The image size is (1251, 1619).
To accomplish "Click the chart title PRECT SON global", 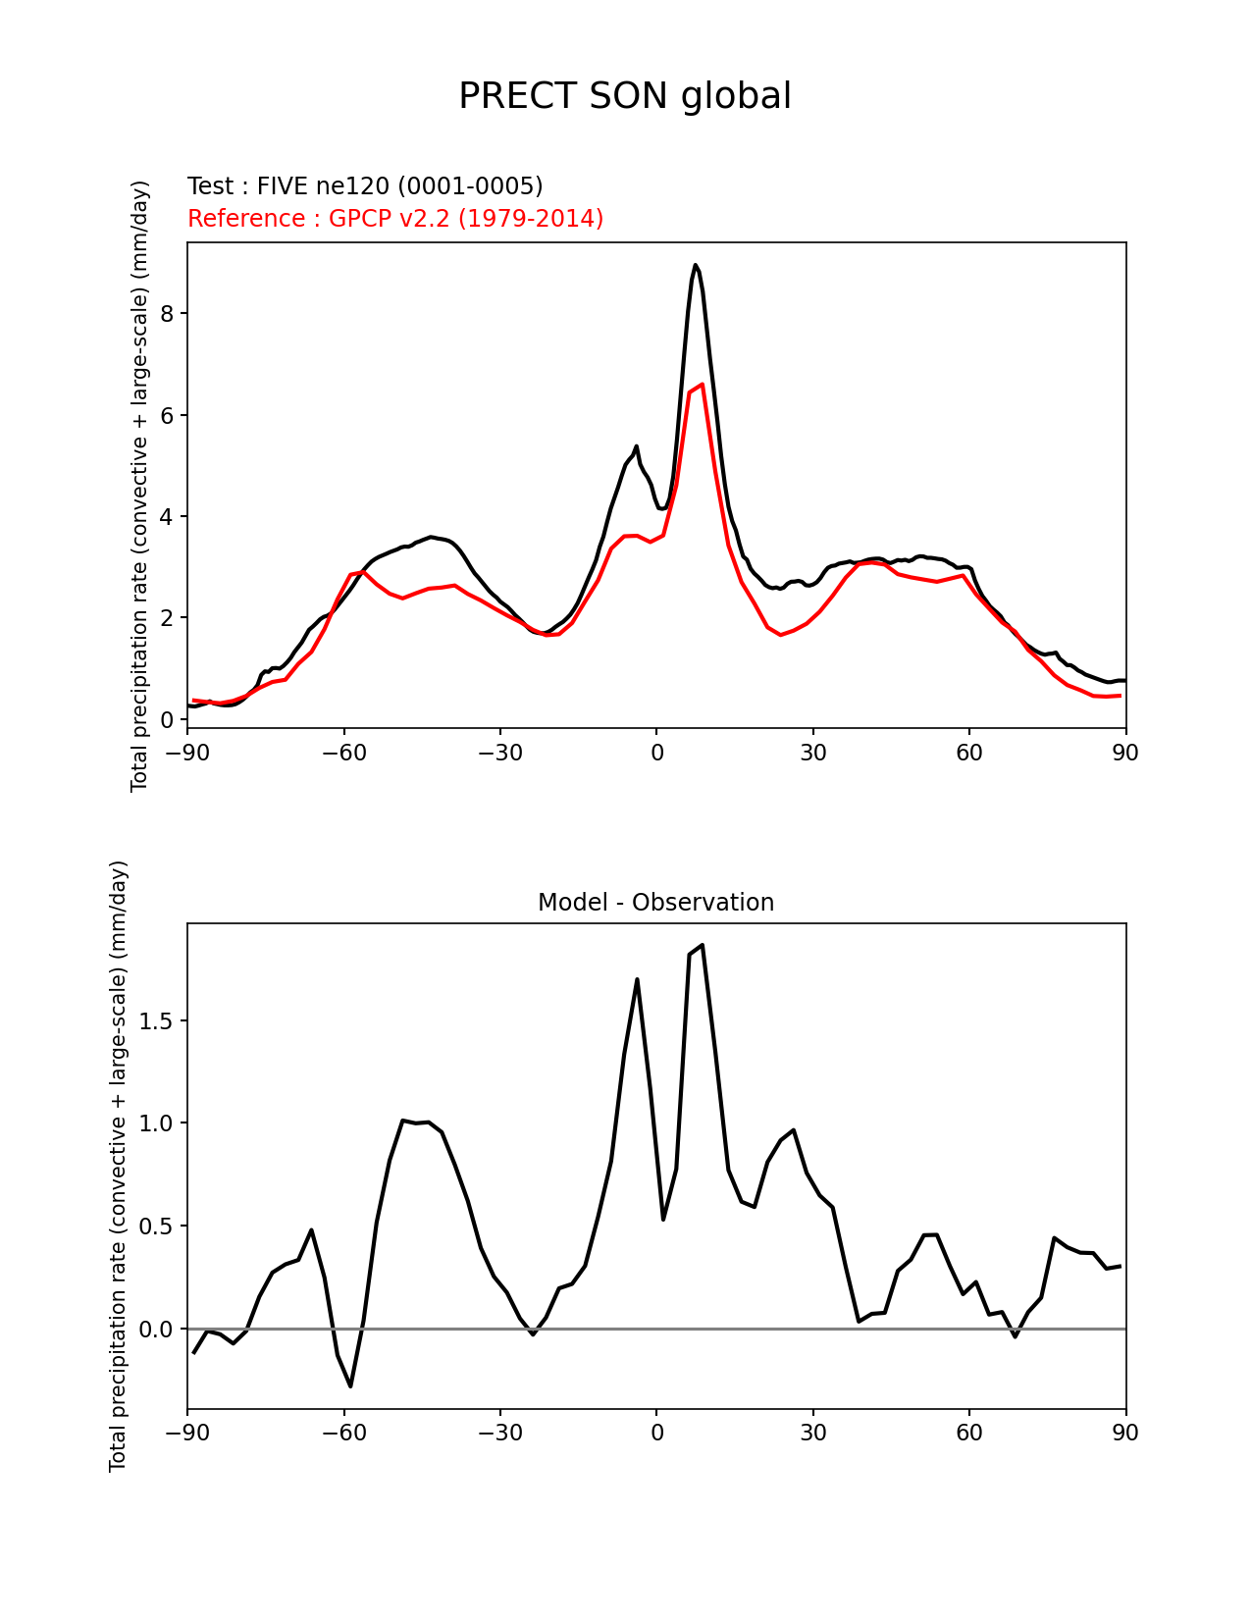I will [x=625, y=96].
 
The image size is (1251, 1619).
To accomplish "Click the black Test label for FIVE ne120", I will [x=365, y=186].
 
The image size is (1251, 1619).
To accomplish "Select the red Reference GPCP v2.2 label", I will [x=395, y=219].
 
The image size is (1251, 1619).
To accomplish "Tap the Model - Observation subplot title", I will [x=655, y=903].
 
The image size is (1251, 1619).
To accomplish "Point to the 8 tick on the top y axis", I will [x=168, y=314].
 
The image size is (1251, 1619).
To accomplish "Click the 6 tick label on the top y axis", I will [x=168, y=415].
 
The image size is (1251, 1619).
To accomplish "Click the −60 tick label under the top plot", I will [x=343, y=753].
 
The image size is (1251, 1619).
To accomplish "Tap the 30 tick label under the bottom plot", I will [x=813, y=1433].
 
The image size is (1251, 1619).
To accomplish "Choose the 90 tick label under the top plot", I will [x=1125, y=753].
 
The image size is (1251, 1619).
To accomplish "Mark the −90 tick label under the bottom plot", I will [x=187, y=1433].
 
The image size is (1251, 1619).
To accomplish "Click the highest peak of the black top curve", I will [x=695, y=265].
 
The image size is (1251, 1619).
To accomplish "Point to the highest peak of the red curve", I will [x=703, y=385].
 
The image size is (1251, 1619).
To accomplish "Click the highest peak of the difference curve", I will [x=703, y=945].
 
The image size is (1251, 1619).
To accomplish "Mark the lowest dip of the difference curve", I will [x=350, y=1386].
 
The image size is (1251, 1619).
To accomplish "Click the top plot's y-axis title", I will [x=140, y=486].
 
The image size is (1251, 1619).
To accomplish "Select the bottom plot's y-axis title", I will [x=119, y=1166].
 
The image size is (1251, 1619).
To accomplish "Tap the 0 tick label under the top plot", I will [x=656, y=753].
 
